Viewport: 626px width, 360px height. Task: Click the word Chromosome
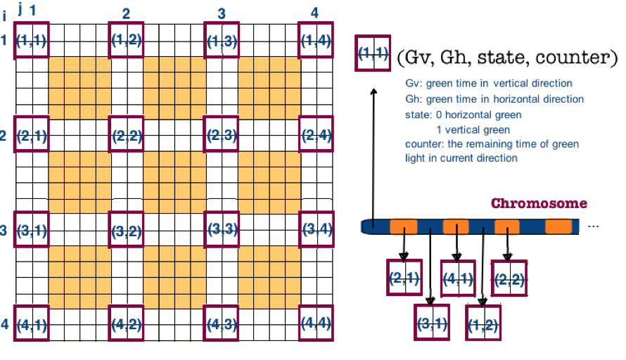(539, 204)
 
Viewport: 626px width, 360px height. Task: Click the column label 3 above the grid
(222, 14)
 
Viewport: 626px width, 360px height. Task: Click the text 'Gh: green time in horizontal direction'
(494, 99)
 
